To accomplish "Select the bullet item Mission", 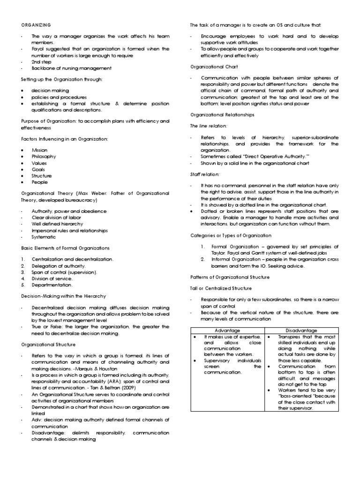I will point(39,150).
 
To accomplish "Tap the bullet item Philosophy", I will point(44,156).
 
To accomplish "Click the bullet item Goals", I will point(38,169).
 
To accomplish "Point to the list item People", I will point(39,182).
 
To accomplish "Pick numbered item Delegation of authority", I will point(59,265).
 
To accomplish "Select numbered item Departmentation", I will point(52,285).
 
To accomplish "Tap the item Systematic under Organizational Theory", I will point(43,237).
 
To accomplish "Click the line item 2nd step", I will point(41,62).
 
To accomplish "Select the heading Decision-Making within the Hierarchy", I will point(63,296).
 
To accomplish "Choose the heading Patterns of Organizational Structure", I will point(230,277).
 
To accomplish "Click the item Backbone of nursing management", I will point(65,68).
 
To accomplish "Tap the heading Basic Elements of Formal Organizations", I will point(65,247).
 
